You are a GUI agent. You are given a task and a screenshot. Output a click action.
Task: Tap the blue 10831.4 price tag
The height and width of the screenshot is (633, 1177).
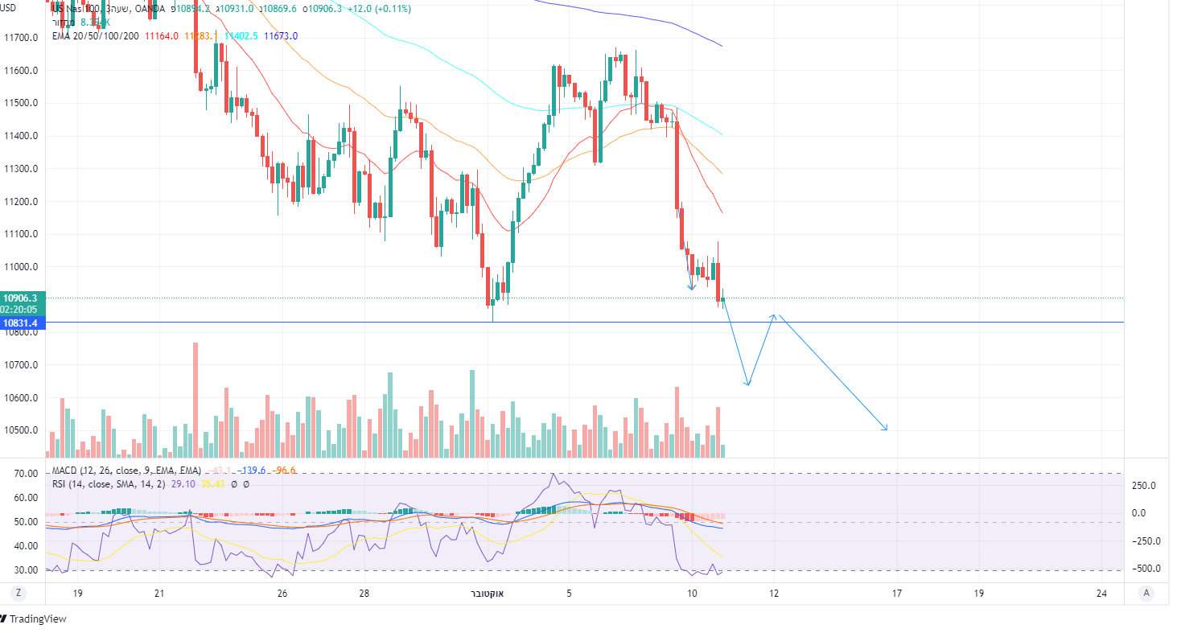coord(22,323)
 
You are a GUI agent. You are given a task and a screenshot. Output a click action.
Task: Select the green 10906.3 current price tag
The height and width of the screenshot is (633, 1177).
coord(22,298)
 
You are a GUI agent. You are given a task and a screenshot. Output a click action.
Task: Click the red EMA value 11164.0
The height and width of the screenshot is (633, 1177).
coord(162,36)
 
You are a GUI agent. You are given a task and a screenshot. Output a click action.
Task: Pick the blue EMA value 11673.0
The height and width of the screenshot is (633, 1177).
coord(281,36)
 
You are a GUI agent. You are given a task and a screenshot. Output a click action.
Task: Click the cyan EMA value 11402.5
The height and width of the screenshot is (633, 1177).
coord(241,36)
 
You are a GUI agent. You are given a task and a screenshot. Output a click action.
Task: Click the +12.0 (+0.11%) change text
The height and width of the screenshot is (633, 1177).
coord(379,9)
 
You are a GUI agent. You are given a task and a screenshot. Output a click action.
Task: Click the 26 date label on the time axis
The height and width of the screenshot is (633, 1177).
coord(282,594)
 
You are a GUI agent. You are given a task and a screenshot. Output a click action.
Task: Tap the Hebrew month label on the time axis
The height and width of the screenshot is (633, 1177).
coord(487,594)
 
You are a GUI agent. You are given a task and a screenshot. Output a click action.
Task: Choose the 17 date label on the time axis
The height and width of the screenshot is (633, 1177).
coord(896,594)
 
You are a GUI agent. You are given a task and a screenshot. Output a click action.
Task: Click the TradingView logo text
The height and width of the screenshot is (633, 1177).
coord(38,619)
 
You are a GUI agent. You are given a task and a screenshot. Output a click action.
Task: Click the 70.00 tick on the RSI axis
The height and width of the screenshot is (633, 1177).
coord(27,474)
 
